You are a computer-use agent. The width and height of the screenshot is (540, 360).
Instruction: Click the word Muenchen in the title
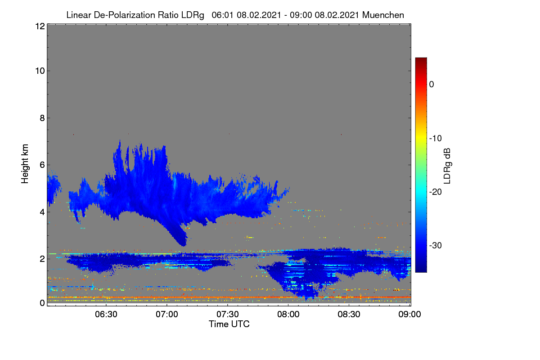[x=383, y=15]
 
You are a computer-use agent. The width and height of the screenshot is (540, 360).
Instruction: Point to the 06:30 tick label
[x=106, y=314]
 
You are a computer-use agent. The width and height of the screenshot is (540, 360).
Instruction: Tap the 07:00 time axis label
[x=167, y=314]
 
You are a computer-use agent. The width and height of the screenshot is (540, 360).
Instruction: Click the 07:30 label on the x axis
[x=228, y=314]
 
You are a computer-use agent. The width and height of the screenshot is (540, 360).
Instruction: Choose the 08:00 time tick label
[x=288, y=314]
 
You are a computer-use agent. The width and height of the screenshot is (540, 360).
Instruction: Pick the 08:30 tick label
[x=349, y=314]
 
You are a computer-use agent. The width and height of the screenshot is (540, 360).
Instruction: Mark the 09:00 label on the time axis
[x=409, y=314]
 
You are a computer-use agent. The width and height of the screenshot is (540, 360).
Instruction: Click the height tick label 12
[x=40, y=26]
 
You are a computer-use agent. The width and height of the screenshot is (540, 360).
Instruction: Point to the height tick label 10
[x=40, y=71]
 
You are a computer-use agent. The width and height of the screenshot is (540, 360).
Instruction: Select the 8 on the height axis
[x=42, y=118]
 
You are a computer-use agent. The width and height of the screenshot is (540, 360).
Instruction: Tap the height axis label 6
[x=42, y=165]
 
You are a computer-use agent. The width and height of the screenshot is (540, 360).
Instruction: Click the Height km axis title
[x=25, y=164]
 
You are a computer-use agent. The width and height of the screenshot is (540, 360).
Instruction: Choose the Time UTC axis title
[x=229, y=324]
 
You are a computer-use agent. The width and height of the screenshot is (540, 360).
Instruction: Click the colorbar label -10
[x=436, y=139]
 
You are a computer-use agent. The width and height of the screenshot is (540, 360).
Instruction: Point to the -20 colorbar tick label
[x=436, y=192]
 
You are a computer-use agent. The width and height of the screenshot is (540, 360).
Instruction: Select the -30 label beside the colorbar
[x=436, y=245]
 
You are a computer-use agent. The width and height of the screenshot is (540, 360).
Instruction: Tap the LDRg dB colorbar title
[x=447, y=166]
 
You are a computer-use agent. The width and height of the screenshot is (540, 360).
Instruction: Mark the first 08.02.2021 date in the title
[x=259, y=15]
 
